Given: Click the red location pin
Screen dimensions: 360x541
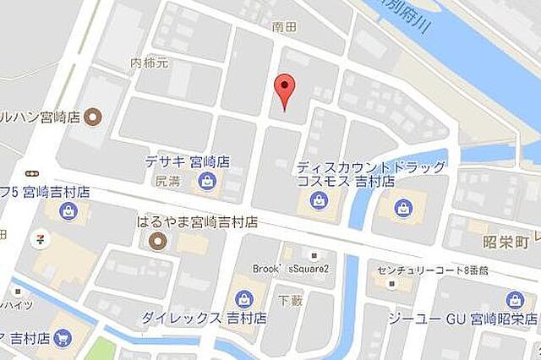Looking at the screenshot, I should click(x=286, y=90).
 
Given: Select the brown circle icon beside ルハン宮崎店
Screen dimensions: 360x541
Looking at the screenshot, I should click(x=94, y=116).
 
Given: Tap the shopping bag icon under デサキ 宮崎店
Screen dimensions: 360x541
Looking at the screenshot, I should click(x=205, y=180).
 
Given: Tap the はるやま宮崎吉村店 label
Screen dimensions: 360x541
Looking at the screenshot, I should click(x=197, y=223).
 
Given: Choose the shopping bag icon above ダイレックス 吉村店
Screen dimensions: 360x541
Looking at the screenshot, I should click(x=243, y=298).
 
